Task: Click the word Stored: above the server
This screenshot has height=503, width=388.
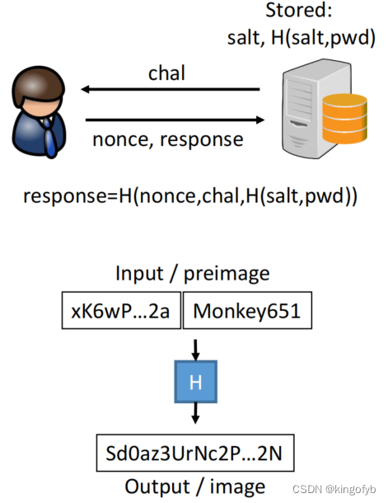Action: [302, 12]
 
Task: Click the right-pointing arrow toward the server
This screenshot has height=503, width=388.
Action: [174, 120]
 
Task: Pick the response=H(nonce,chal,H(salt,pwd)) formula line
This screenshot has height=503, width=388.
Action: [189, 197]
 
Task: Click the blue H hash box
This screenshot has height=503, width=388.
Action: [194, 382]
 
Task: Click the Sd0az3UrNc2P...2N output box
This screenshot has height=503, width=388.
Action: [194, 454]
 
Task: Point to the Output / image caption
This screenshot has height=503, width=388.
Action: [194, 486]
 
